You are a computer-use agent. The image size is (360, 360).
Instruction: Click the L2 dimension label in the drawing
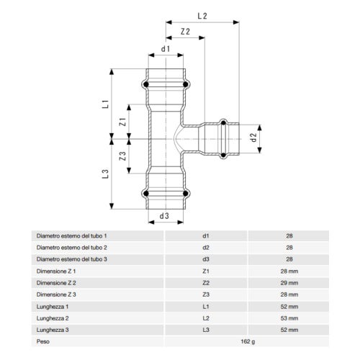(202, 16)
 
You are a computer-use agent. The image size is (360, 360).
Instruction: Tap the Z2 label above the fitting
(185, 32)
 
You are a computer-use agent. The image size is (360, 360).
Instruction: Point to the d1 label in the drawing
(166, 49)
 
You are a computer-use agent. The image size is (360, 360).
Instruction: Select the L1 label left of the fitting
(106, 104)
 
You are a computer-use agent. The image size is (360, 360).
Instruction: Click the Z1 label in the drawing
(123, 122)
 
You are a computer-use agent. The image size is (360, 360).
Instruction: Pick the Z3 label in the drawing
(122, 156)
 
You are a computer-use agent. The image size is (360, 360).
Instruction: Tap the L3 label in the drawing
(105, 174)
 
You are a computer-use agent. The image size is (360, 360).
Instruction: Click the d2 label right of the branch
(254, 138)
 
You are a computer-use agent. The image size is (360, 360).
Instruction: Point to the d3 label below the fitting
(164, 216)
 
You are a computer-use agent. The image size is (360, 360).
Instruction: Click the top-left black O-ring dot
(146, 84)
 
